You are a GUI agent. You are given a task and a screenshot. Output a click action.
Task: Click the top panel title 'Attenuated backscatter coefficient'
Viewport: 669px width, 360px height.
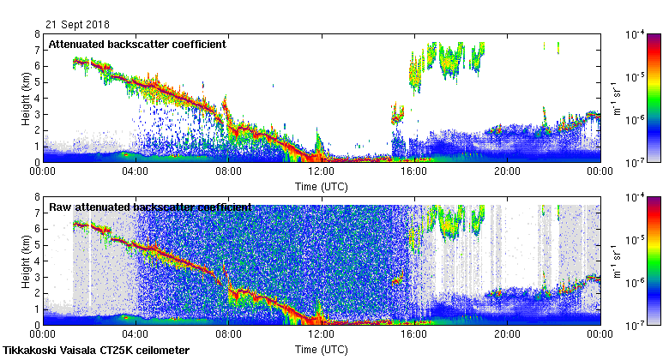137,44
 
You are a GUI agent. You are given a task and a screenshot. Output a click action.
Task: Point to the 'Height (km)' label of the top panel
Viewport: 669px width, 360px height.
27,98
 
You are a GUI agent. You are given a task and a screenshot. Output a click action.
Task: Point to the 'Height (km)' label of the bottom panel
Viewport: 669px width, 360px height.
27,261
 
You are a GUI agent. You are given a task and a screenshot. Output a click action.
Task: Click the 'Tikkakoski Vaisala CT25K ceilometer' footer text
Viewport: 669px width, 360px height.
96,351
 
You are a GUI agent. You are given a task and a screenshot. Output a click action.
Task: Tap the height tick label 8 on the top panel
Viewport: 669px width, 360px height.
36,34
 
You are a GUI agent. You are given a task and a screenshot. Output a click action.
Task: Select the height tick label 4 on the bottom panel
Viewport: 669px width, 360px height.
36,261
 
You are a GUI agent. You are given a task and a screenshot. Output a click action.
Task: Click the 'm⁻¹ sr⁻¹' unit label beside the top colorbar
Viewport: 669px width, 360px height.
615,98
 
